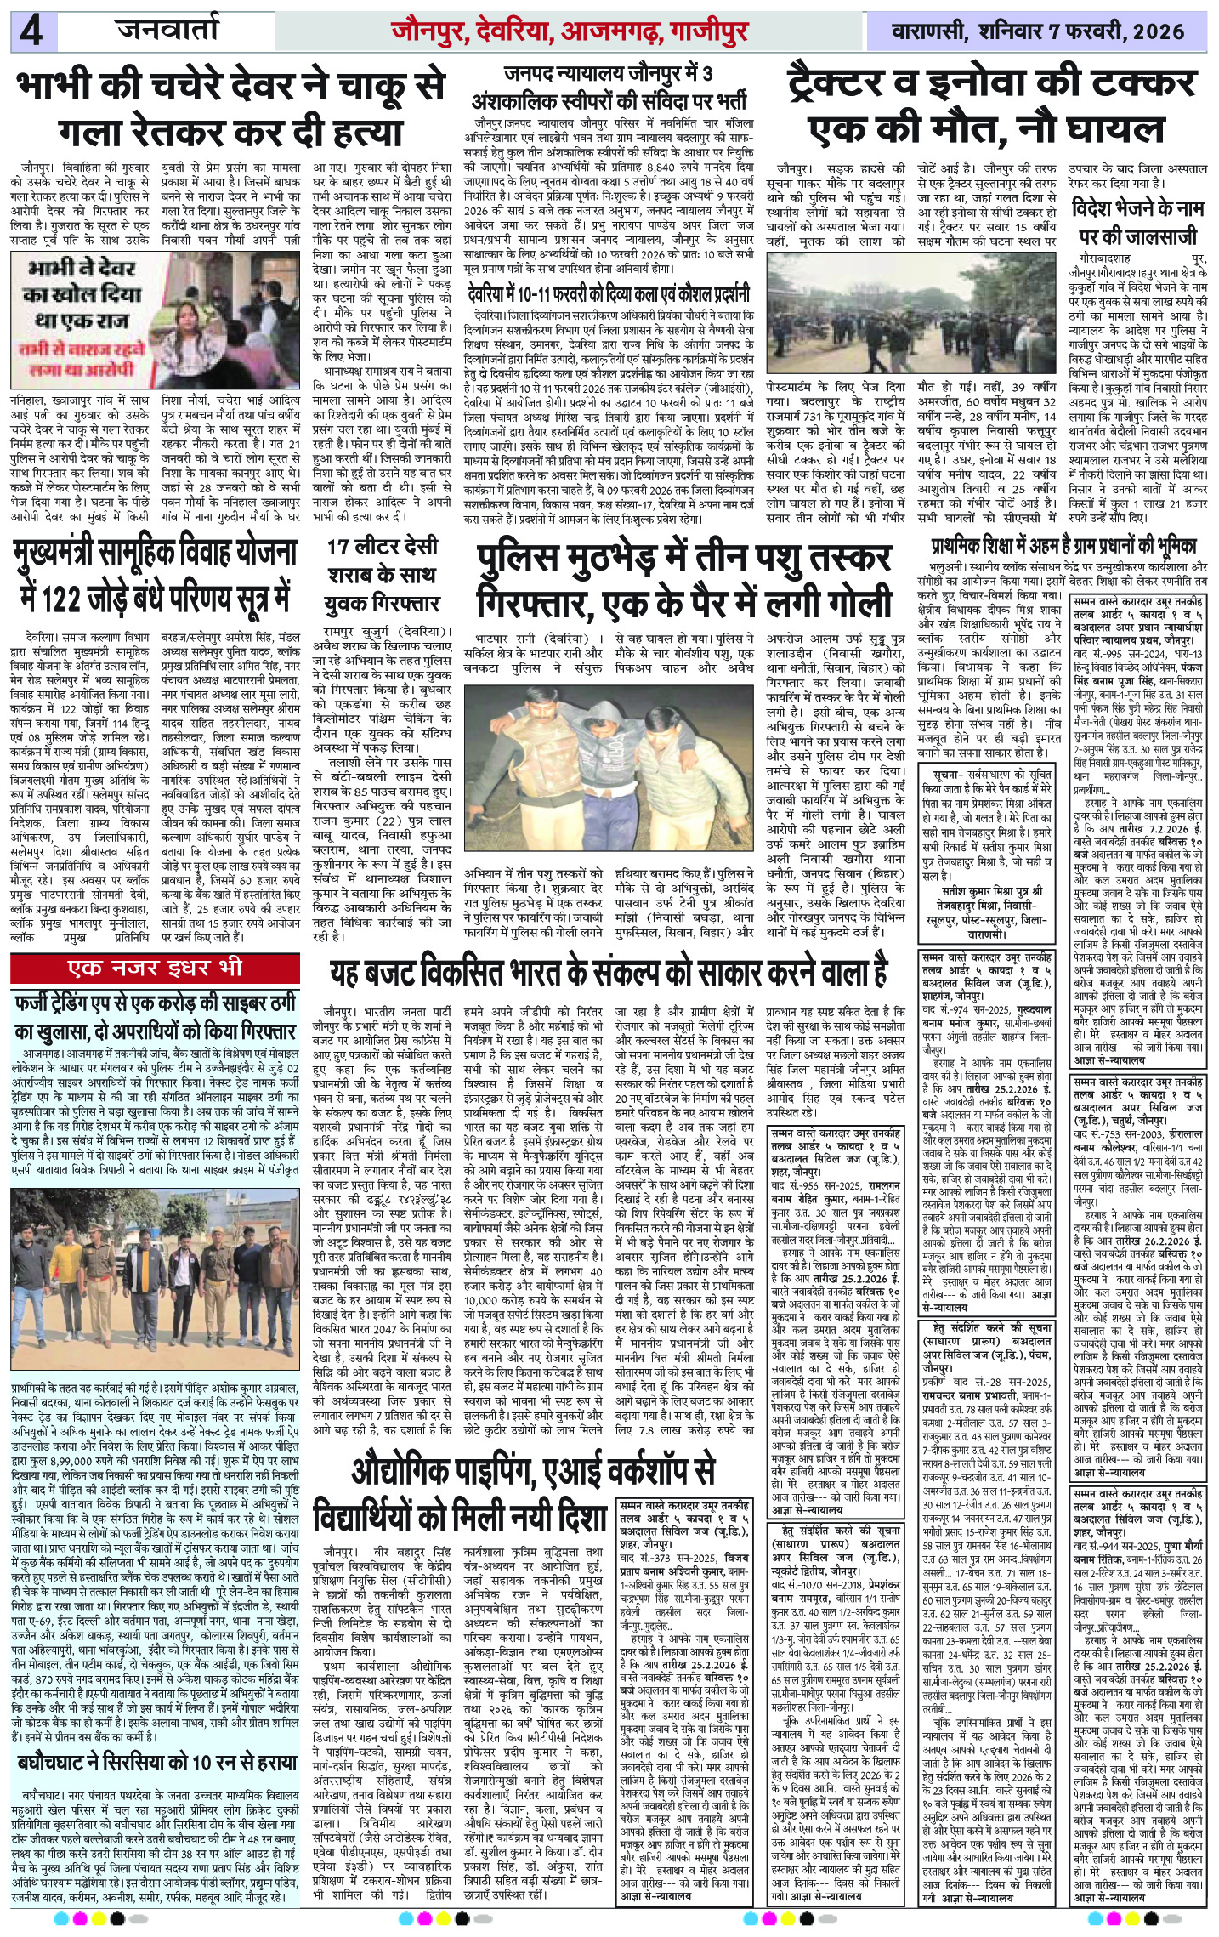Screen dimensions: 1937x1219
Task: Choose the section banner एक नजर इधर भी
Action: pyautogui.click(x=156, y=967)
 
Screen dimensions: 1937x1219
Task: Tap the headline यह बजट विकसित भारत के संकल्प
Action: pyautogui.click(x=608, y=969)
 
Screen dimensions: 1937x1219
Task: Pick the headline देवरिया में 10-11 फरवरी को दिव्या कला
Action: pyautogui.click(x=609, y=295)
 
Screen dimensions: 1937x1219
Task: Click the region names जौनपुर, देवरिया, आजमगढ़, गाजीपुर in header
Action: pyautogui.click(x=570, y=32)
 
